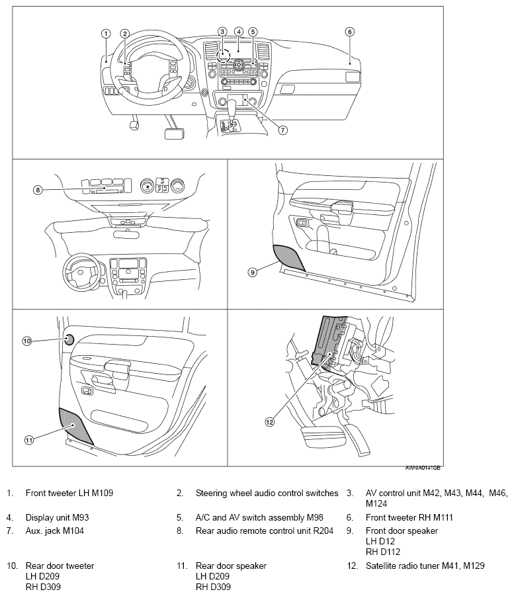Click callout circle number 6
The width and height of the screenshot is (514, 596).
350,31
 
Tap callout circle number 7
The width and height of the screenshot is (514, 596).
282,130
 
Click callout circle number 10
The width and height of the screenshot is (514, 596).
26,341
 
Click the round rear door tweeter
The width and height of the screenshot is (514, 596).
68,340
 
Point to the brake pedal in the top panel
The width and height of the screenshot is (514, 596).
173,132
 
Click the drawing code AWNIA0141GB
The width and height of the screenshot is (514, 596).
423,467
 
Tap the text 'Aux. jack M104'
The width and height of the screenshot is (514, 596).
55,531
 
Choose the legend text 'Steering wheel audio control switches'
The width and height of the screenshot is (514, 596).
267,493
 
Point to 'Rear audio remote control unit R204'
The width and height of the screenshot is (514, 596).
265,531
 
